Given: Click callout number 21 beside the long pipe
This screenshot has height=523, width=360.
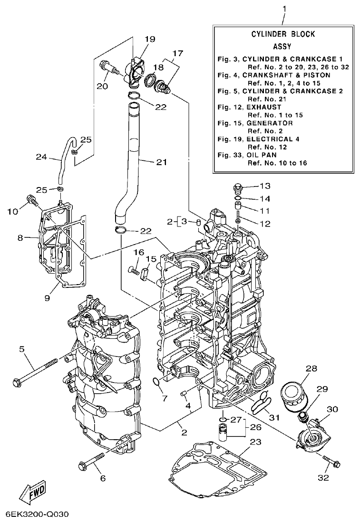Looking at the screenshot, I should tap(162, 162).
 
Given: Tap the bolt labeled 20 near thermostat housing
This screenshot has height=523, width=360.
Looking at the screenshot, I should tap(109, 69).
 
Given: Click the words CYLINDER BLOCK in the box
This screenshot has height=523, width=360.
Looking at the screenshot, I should tap(283, 34).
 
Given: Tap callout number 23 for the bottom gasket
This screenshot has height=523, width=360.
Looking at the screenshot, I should tap(256, 442).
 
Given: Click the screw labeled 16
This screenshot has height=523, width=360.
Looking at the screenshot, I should tap(135, 271).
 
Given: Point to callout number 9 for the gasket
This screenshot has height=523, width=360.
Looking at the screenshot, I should tap(47, 298).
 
